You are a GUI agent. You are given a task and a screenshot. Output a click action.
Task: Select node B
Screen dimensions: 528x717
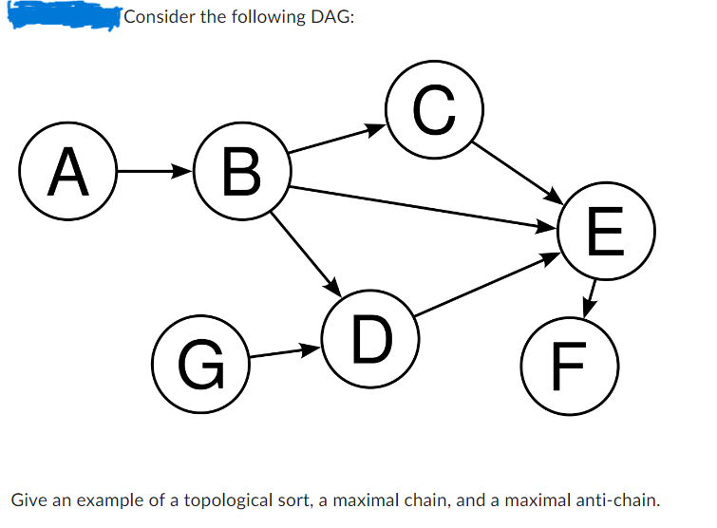(241, 173)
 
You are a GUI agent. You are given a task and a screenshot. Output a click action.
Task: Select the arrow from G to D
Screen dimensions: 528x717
(283, 353)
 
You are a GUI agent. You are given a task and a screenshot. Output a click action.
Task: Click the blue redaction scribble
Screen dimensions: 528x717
(62, 15)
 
